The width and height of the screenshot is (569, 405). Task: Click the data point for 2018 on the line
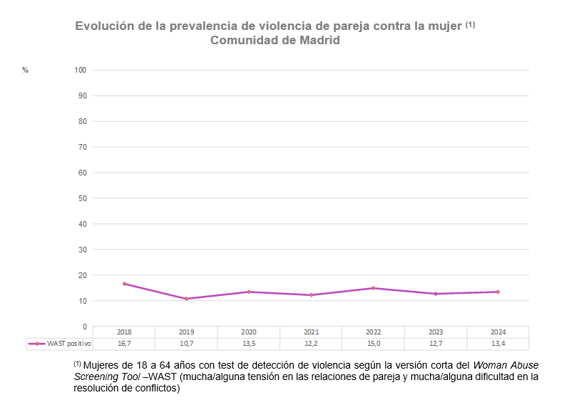124,284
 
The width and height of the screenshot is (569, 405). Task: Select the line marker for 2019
186,299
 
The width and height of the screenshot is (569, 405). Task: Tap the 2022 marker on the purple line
373,288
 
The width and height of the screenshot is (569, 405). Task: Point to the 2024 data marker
498,292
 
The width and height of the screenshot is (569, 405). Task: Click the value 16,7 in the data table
124,344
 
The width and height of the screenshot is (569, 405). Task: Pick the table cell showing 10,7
186,344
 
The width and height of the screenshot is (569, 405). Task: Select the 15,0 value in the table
373,344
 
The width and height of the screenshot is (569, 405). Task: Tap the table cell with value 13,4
498,344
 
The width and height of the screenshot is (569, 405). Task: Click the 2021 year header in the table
311,332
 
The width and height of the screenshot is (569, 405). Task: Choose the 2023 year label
436,332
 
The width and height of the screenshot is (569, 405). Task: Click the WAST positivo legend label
69,344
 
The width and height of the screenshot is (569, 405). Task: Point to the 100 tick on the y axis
81,70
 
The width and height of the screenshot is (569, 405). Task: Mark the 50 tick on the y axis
82,198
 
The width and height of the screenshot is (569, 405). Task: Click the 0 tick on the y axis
84,327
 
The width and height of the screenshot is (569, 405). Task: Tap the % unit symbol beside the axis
25,70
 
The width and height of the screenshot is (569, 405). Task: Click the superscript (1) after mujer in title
470,24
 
